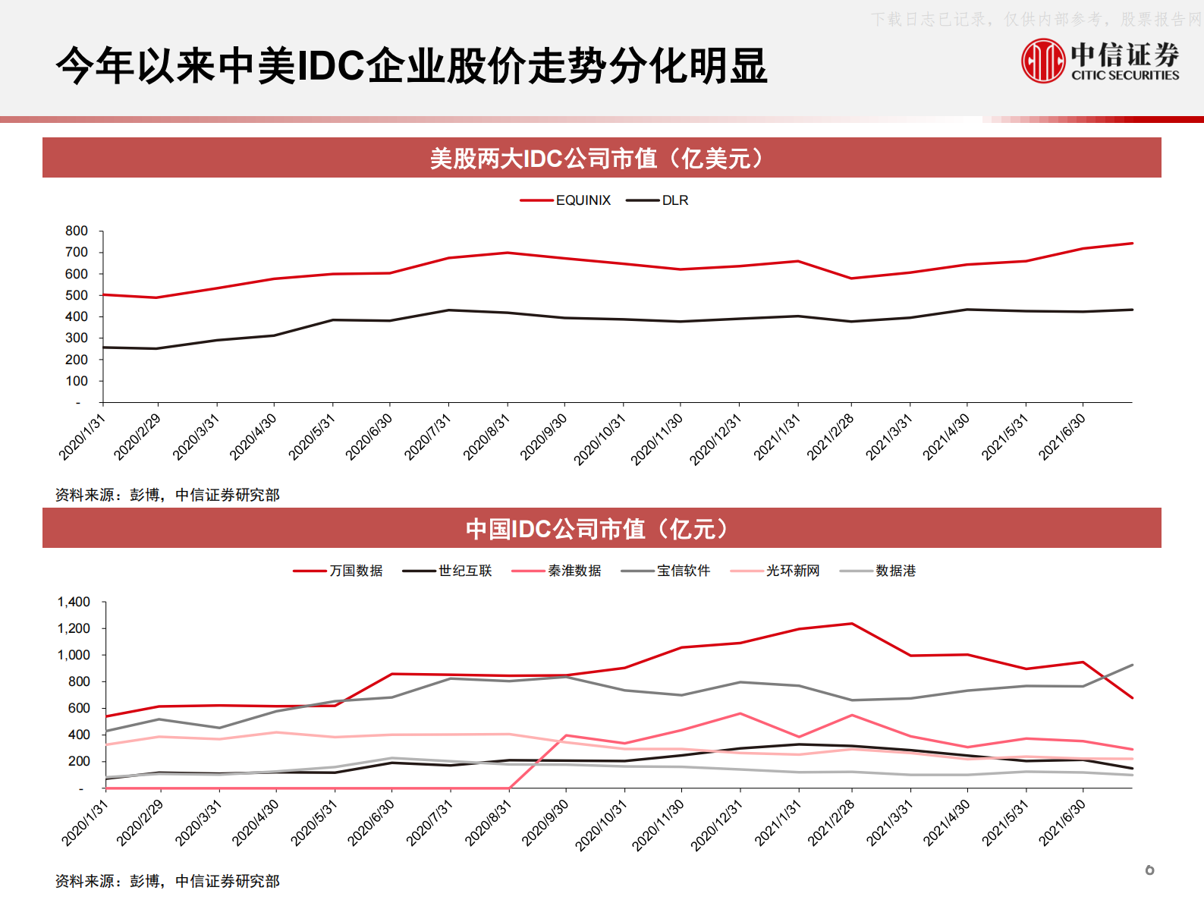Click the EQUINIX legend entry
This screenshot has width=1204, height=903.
(582, 200)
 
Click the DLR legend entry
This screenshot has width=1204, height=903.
(674, 200)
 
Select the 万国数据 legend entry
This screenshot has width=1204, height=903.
(355, 571)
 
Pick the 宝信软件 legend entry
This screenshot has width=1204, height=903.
(683, 571)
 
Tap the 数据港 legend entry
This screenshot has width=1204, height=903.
(895, 571)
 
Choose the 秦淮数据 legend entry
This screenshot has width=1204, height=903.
(574, 571)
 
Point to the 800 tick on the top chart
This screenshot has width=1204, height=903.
(77, 231)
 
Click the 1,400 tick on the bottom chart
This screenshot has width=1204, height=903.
(74, 602)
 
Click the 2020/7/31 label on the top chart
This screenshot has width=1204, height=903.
(427, 437)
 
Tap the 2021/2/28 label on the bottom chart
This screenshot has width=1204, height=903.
(831, 823)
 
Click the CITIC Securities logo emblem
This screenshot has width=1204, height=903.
(1043, 61)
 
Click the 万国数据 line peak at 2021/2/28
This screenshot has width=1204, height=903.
(852, 624)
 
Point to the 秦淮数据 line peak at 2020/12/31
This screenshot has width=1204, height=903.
(740, 713)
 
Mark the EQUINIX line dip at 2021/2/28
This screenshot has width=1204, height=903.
(851, 278)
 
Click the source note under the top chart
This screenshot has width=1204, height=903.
(168, 495)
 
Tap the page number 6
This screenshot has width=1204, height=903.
(1149, 870)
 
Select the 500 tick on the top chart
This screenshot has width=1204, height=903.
(77, 295)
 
